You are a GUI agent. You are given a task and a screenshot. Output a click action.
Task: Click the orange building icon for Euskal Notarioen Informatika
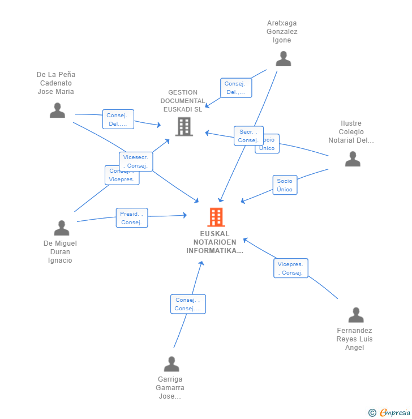(216, 217)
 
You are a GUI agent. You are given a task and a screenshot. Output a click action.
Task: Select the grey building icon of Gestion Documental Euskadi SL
(184, 126)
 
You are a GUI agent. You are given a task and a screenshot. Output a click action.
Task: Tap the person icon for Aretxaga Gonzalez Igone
(283, 59)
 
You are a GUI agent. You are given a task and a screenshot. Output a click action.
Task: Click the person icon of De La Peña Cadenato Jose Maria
(57, 110)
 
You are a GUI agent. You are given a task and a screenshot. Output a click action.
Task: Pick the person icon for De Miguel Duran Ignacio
(61, 228)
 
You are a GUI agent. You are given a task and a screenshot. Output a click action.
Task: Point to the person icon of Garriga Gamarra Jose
(171, 364)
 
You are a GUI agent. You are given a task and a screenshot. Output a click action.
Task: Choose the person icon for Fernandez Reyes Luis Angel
(355, 315)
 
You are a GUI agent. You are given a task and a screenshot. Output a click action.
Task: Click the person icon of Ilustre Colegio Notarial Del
(353, 159)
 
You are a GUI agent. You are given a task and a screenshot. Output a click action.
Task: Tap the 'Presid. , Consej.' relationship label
(132, 218)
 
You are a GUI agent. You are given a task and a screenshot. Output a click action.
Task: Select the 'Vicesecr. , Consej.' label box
(136, 161)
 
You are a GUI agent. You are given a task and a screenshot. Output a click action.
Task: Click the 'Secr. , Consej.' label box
(248, 136)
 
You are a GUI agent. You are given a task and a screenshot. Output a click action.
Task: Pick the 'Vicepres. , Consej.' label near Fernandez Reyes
(291, 268)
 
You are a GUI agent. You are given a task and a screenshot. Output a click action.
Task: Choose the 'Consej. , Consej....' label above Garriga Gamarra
(188, 304)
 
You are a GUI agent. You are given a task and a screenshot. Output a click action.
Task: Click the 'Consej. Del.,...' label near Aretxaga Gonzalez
(235, 88)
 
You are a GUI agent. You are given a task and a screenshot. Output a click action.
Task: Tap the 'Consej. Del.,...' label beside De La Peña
(118, 119)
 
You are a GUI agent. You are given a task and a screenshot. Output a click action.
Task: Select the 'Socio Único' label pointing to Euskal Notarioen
(285, 185)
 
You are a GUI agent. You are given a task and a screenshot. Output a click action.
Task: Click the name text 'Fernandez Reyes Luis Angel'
(354, 339)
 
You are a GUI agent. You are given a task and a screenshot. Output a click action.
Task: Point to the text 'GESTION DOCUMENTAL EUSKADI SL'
(183, 101)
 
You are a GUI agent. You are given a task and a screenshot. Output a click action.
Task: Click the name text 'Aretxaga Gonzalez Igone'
(282, 32)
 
